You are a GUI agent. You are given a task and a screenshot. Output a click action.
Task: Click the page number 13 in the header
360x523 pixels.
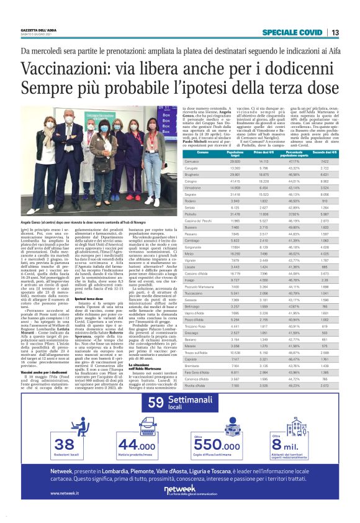pyautogui.click(x=335, y=32)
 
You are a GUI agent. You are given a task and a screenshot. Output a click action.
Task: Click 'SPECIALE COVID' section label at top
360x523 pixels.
pyautogui.click(x=293, y=32)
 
